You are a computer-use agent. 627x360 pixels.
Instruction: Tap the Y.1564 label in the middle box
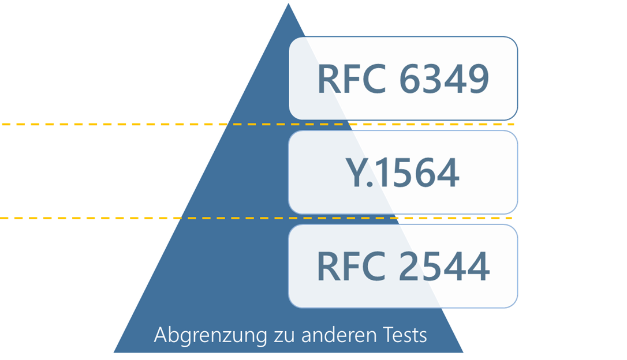[403, 172]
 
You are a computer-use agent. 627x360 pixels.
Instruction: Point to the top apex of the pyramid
[288, 2]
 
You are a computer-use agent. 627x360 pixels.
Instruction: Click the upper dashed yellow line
[115, 124]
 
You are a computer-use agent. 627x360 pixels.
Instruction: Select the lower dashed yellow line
[115, 218]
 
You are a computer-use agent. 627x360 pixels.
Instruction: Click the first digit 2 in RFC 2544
[411, 266]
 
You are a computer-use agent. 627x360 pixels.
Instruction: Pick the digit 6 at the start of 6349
[411, 79]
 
